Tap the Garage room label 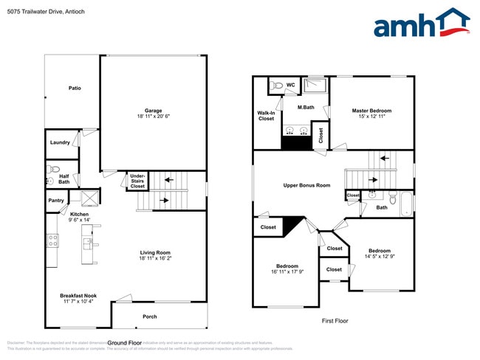(153, 111)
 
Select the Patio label (75, 88)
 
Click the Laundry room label (60, 142)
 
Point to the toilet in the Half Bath (49, 179)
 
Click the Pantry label (56, 200)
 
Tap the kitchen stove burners (52, 240)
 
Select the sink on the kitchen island (87, 241)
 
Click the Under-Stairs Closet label (137, 181)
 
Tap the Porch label (150, 316)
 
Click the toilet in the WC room (277, 86)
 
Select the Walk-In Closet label (266, 115)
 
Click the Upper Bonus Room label (306, 185)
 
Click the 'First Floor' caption (334, 321)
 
